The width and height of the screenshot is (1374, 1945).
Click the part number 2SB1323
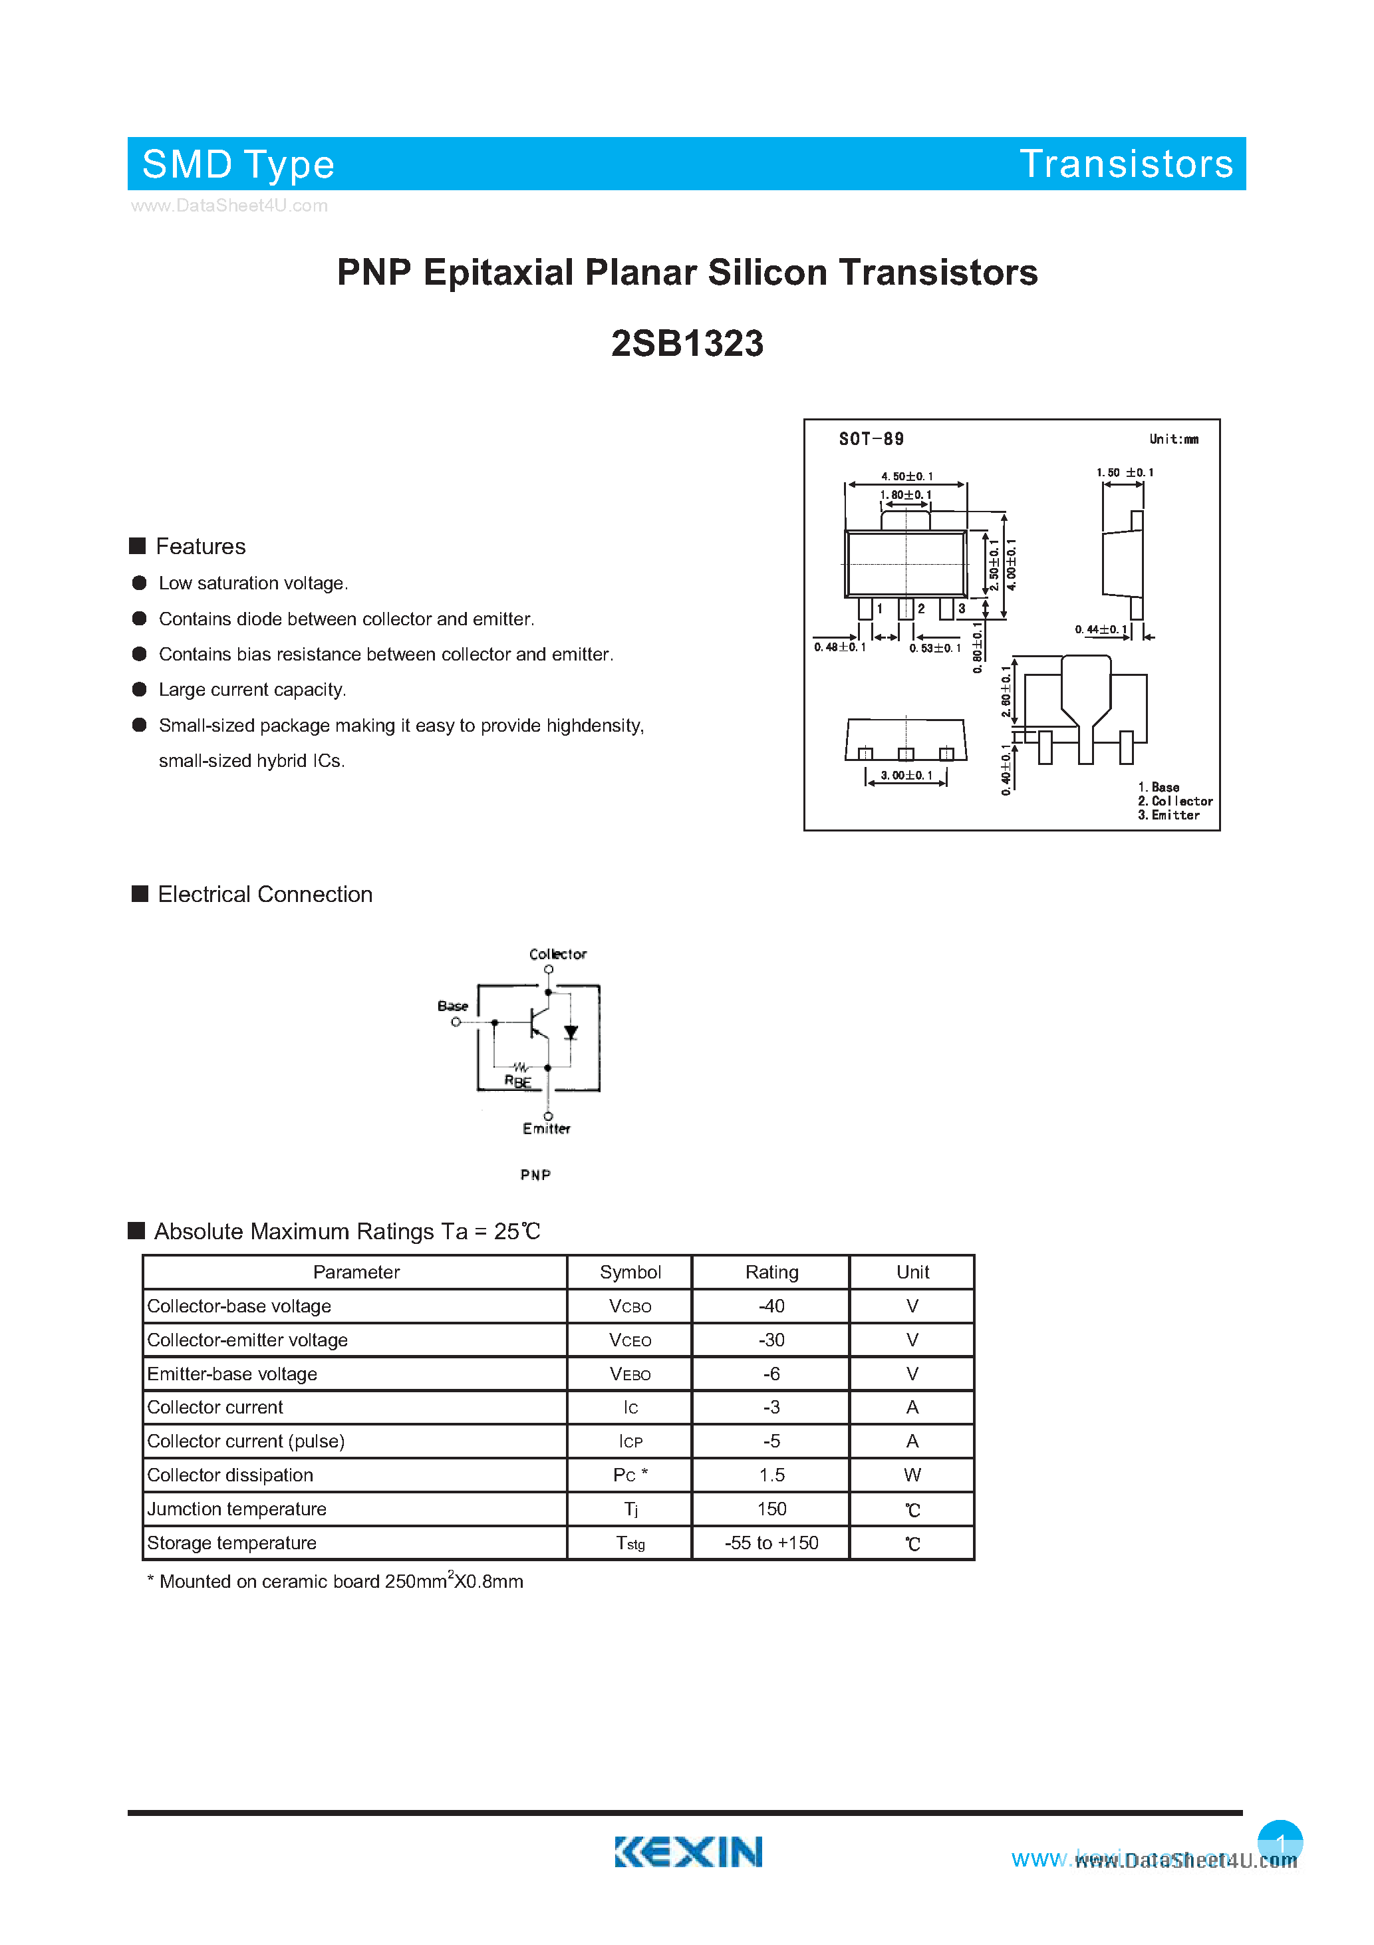687,344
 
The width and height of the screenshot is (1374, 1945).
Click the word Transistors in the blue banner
1126,164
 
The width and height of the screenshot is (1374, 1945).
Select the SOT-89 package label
871,439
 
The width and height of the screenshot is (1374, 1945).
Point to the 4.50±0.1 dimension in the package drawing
906,476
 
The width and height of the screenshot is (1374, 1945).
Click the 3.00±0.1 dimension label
906,775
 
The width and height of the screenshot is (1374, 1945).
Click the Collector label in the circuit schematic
557,954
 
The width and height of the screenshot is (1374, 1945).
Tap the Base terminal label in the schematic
452,1006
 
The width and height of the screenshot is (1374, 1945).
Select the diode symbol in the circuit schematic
571,1032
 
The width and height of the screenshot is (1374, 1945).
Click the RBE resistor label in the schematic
517,1081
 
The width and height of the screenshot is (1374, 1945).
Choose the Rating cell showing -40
771,1306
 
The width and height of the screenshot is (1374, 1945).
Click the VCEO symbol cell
630,1340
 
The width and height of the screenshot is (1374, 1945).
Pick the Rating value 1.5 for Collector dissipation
771,1475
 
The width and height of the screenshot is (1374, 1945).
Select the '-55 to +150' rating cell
771,1543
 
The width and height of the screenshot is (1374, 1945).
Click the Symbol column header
630,1272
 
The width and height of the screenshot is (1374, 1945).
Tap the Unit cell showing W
912,1475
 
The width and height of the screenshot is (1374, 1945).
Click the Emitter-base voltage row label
232,1374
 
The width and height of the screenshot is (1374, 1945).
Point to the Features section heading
200,546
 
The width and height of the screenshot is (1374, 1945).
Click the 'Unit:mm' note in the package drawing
1173,439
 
